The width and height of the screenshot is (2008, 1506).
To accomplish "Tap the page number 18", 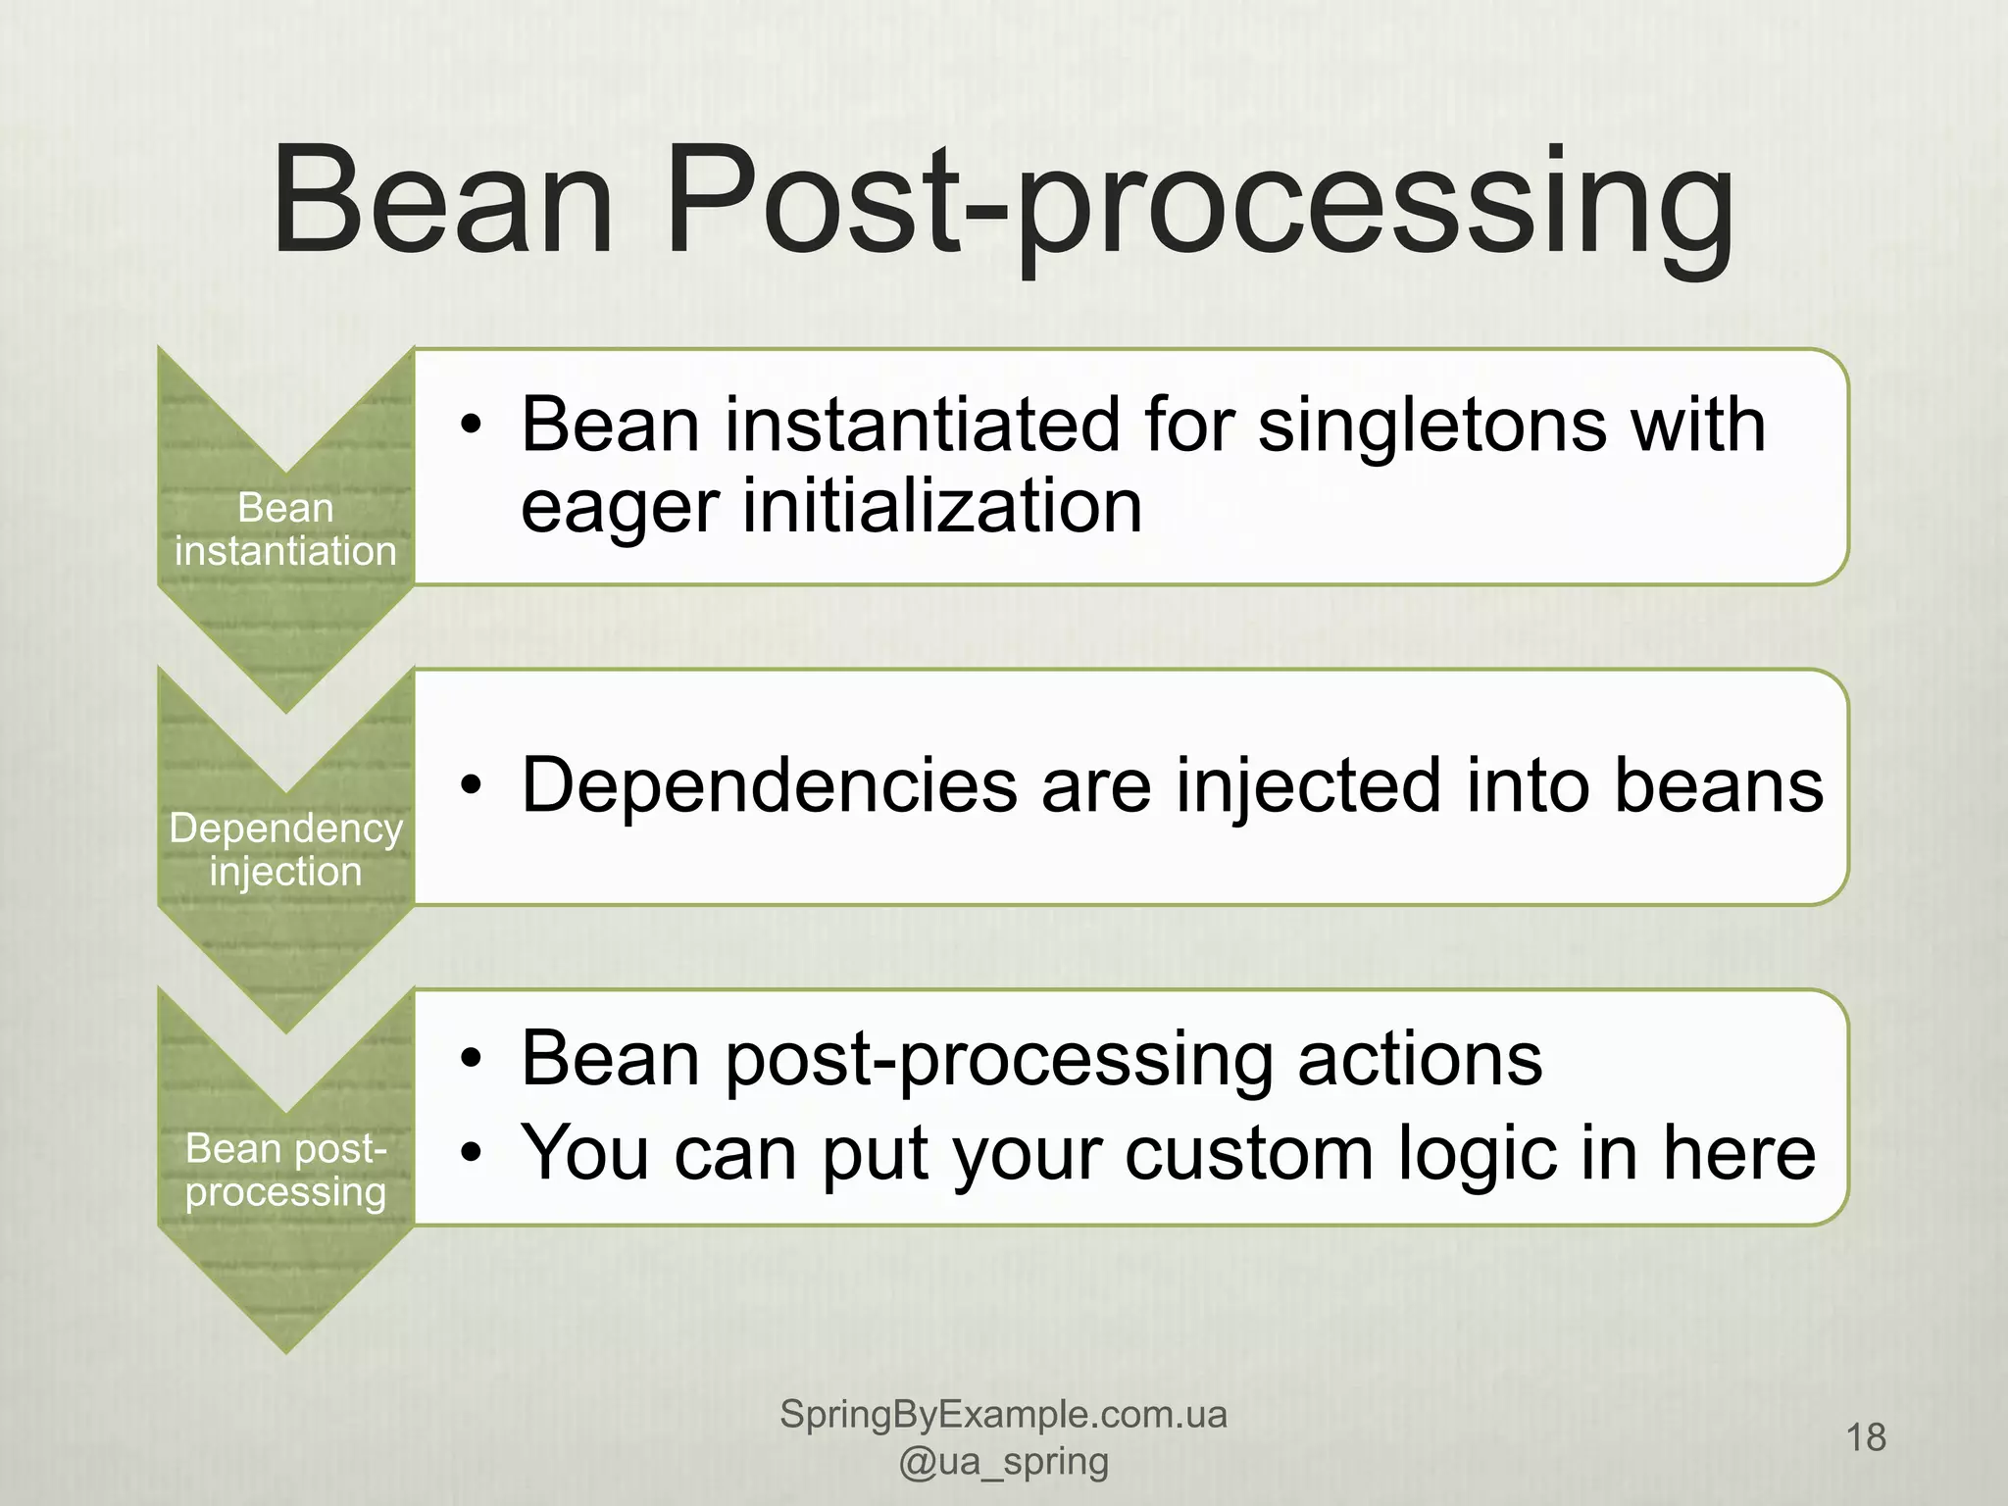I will pos(1866,1437).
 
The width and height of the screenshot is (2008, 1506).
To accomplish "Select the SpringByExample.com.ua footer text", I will pos(1003,1415).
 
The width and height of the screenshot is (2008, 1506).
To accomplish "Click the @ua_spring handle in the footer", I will pos(1003,1462).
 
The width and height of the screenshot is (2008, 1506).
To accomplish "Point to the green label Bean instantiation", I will pos(285,530).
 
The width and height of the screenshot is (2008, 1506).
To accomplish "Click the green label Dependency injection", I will pos(285,850).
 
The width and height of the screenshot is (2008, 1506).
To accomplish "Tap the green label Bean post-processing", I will pos(285,1170).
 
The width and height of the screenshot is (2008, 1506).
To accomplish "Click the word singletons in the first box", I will pos(1432,427).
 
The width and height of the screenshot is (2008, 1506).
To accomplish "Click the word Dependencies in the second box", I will pos(770,786).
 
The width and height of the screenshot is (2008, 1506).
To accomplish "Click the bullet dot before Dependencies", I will pos(473,787).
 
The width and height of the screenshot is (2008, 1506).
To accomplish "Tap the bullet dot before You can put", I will pos(473,1154).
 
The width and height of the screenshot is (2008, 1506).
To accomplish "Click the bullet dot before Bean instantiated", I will pos(473,427).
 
